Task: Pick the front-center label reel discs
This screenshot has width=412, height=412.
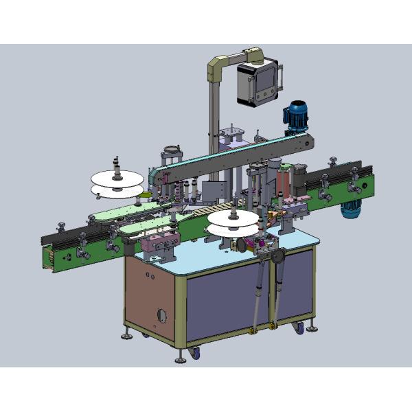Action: pos(233,221)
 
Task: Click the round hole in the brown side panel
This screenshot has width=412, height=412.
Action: pos(162,314)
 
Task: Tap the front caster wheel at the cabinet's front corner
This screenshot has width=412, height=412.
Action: pos(195,354)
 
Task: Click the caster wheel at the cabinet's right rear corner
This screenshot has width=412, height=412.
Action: pos(298,328)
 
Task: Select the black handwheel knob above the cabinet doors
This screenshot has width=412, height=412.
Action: pos(277,257)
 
